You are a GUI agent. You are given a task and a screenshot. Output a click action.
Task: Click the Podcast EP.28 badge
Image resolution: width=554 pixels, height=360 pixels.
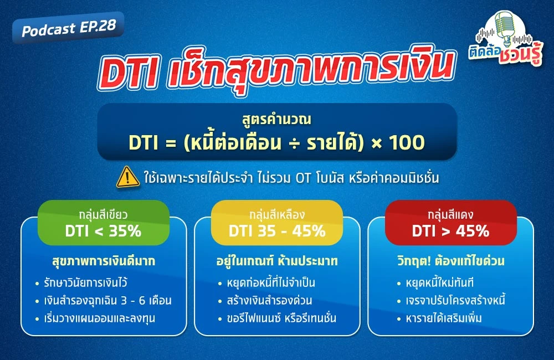tap(68, 28)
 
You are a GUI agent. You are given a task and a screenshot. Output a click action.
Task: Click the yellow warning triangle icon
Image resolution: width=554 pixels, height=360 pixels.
tap(127, 176)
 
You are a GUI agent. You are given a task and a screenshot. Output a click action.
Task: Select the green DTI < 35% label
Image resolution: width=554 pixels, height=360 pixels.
tap(103, 223)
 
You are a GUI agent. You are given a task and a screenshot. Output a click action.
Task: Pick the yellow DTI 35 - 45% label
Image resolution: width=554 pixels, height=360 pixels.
tap(277, 223)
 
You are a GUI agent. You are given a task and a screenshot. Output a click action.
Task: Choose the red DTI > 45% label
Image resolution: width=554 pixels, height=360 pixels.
tap(450, 223)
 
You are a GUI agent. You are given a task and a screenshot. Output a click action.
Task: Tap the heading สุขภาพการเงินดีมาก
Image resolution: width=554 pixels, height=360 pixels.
tap(104, 260)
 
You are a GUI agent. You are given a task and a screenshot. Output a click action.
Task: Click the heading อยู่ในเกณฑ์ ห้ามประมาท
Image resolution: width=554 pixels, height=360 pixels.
tap(277, 260)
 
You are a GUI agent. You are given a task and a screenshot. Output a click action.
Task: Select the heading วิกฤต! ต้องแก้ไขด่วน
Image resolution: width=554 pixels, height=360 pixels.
tap(450, 260)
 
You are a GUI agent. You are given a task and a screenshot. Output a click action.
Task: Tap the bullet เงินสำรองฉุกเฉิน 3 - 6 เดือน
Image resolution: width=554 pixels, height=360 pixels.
tap(109, 301)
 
